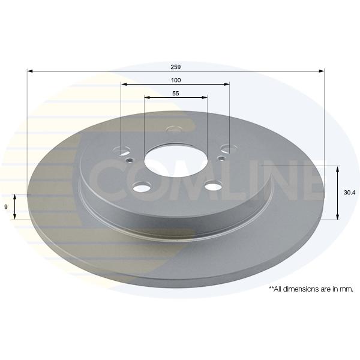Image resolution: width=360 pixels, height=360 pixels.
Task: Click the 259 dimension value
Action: [176, 67]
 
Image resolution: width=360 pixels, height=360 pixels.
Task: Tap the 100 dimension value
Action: [176, 80]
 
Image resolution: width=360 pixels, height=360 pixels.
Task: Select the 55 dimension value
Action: [176, 94]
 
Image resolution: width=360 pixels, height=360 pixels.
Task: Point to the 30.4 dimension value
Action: [349, 193]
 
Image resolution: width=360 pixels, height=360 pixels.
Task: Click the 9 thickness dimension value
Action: [6, 207]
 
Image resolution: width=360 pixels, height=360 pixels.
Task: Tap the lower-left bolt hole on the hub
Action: [142, 188]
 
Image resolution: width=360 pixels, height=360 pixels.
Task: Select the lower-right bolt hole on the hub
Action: [214, 186]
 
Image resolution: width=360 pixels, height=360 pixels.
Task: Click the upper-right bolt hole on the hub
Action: [229, 149]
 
